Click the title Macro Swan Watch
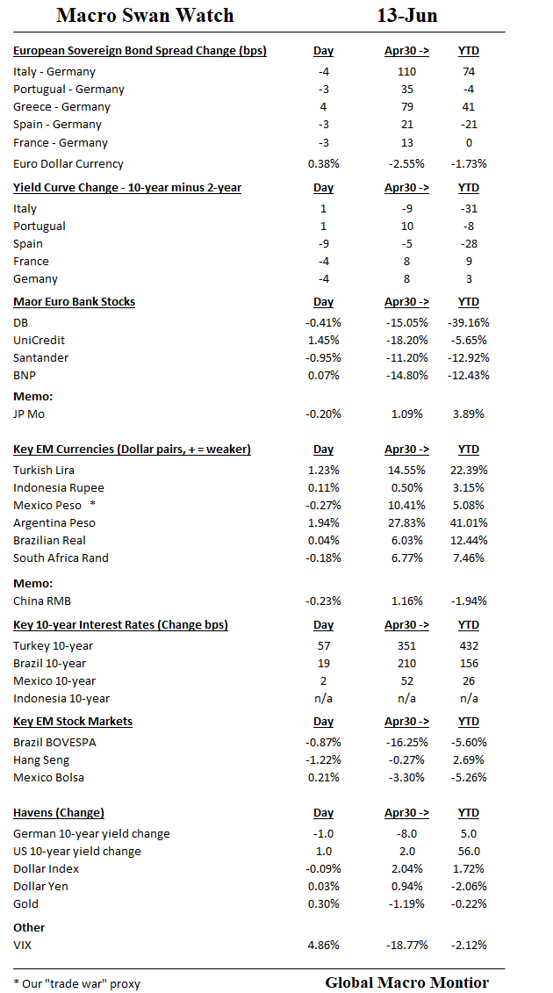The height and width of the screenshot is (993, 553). (145, 16)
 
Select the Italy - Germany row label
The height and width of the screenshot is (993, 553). (54, 71)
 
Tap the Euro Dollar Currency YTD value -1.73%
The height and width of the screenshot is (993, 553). (468, 163)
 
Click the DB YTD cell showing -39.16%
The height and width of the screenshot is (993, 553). (468, 322)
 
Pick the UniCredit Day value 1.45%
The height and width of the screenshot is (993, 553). (323, 340)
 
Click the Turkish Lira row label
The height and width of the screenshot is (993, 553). (44, 470)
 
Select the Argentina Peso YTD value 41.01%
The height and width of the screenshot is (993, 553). (468, 522)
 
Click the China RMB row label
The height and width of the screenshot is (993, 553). (42, 601)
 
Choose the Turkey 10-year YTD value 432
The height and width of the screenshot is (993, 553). (468, 645)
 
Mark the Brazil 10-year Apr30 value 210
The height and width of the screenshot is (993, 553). (406, 663)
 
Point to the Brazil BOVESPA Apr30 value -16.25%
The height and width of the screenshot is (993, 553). (406, 742)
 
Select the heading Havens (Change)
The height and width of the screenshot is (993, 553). (59, 812)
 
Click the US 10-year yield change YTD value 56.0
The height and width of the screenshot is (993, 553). (468, 851)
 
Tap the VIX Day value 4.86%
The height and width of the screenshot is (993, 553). (323, 945)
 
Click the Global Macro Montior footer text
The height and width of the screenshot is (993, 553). (406, 982)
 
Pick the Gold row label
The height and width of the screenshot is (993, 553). (25, 903)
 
